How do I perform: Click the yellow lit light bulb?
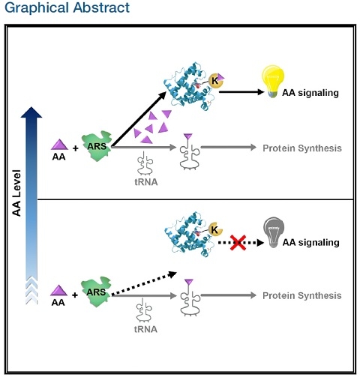point(273,81)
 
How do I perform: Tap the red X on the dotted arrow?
point(238,242)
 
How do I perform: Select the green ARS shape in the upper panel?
point(97,146)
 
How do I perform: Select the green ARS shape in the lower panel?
point(96,292)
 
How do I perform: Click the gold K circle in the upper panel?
point(214,81)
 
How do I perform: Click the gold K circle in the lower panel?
point(214,229)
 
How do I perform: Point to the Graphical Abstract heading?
point(67,7)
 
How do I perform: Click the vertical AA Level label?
point(16,193)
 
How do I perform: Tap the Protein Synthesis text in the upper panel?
point(302,148)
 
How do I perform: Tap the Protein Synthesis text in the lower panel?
point(302,295)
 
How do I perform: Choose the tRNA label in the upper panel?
point(146,182)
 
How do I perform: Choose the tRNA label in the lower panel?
point(145,329)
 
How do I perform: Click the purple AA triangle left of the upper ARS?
point(59,145)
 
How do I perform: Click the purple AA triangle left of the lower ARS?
point(59,291)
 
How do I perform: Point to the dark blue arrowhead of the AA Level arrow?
point(31,112)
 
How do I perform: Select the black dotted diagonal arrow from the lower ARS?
point(144,284)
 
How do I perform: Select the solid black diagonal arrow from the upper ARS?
point(139,119)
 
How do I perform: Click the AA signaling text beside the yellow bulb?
point(310,93)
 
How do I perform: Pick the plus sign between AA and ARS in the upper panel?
point(75,148)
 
